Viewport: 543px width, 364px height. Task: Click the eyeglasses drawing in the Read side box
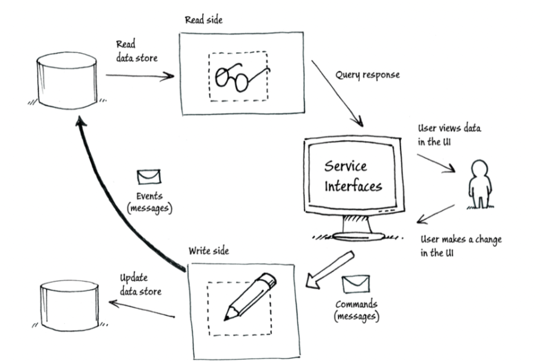click(x=240, y=76)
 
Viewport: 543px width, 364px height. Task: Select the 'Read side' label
click(x=204, y=20)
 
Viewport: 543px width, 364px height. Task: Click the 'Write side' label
click(x=209, y=251)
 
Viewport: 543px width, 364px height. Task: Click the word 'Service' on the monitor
click(x=346, y=167)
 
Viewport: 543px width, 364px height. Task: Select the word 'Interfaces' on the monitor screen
click(x=353, y=186)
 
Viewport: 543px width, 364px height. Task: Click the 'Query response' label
click(x=367, y=75)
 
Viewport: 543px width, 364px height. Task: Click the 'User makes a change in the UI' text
click(x=461, y=246)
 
